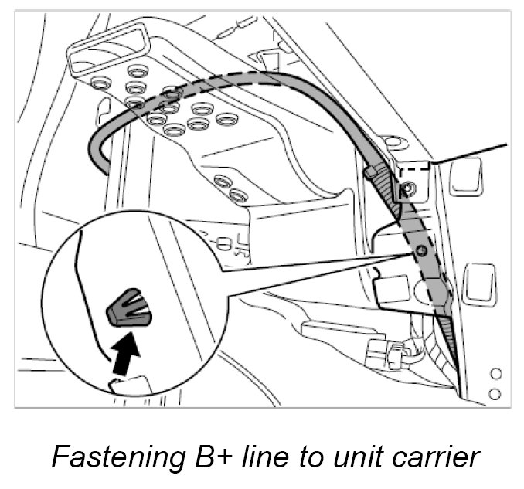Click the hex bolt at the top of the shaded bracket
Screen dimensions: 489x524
coord(407,188)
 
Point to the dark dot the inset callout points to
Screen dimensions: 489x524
coord(420,252)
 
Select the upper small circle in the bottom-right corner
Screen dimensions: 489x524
coord(496,374)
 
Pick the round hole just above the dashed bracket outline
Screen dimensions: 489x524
coord(393,142)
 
